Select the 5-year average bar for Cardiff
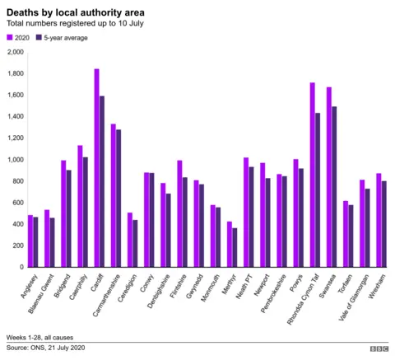102,181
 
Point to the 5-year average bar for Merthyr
235,247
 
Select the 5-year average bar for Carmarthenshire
118,198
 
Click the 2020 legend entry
20,37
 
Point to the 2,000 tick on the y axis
15,52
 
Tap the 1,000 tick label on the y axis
15,160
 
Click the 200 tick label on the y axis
17,245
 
